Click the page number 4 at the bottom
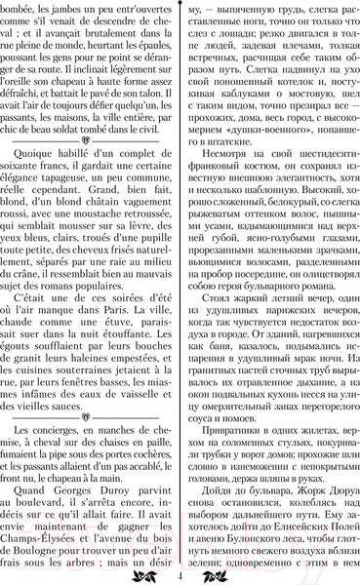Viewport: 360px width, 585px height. [x=181, y=575]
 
